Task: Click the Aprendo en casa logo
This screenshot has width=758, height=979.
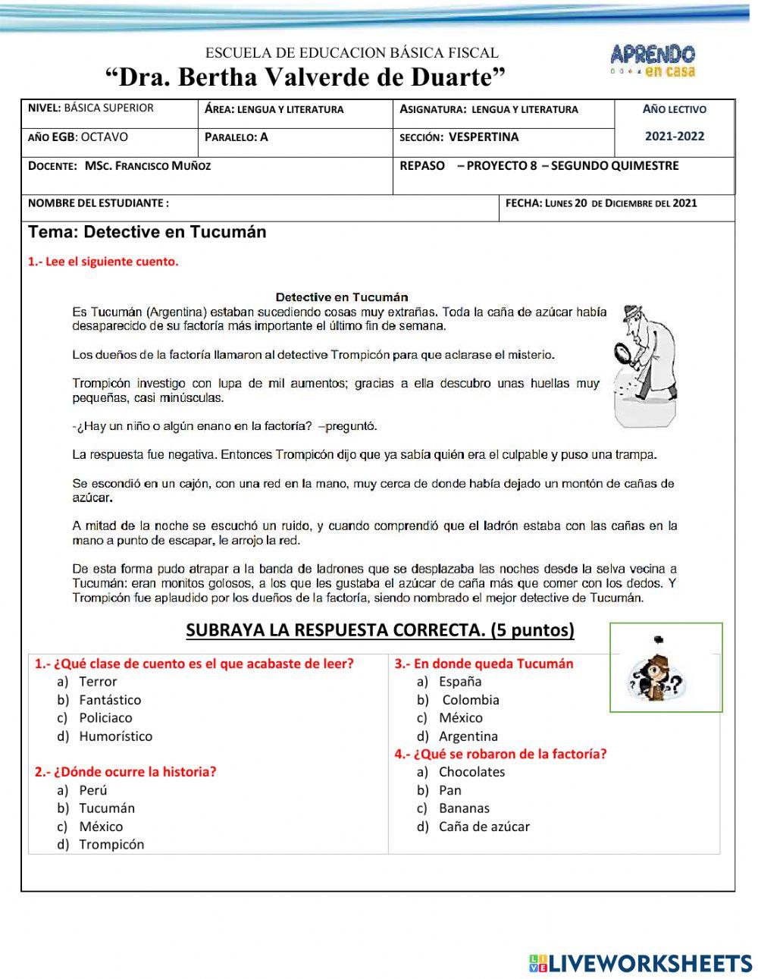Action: click(x=653, y=60)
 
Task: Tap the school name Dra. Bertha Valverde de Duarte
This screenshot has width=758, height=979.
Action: click(x=305, y=77)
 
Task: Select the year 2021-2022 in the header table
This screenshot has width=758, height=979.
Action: click(x=674, y=136)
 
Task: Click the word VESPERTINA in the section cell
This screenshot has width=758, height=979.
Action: click(x=484, y=137)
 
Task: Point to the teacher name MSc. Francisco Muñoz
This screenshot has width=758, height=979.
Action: click(x=148, y=165)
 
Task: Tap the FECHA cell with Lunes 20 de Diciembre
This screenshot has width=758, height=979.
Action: click(x=600, y=203)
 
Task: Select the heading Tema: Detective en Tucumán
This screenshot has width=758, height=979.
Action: click(x=147, y=232)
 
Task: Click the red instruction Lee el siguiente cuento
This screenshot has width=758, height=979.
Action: click(x=104, y=262)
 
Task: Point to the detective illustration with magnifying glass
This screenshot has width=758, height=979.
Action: click(x=645, y=365)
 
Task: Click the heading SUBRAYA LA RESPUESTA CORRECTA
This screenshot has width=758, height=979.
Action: click(x=380, y=630)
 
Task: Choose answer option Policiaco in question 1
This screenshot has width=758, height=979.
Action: click(x=105, y=717)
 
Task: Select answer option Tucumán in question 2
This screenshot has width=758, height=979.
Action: click(x=107, y=808)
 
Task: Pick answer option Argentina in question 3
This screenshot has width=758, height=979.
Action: click(x=468, y=736)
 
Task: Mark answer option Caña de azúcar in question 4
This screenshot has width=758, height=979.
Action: click(x=484, y=827)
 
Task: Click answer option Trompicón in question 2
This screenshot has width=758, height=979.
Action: click(x=111, y=845)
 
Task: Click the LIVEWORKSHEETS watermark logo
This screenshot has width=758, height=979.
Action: click(x=641, y=963)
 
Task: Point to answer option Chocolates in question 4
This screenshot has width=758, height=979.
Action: click(x=471, y=772)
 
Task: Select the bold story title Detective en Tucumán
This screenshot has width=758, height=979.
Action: click(x=342, y=297)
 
